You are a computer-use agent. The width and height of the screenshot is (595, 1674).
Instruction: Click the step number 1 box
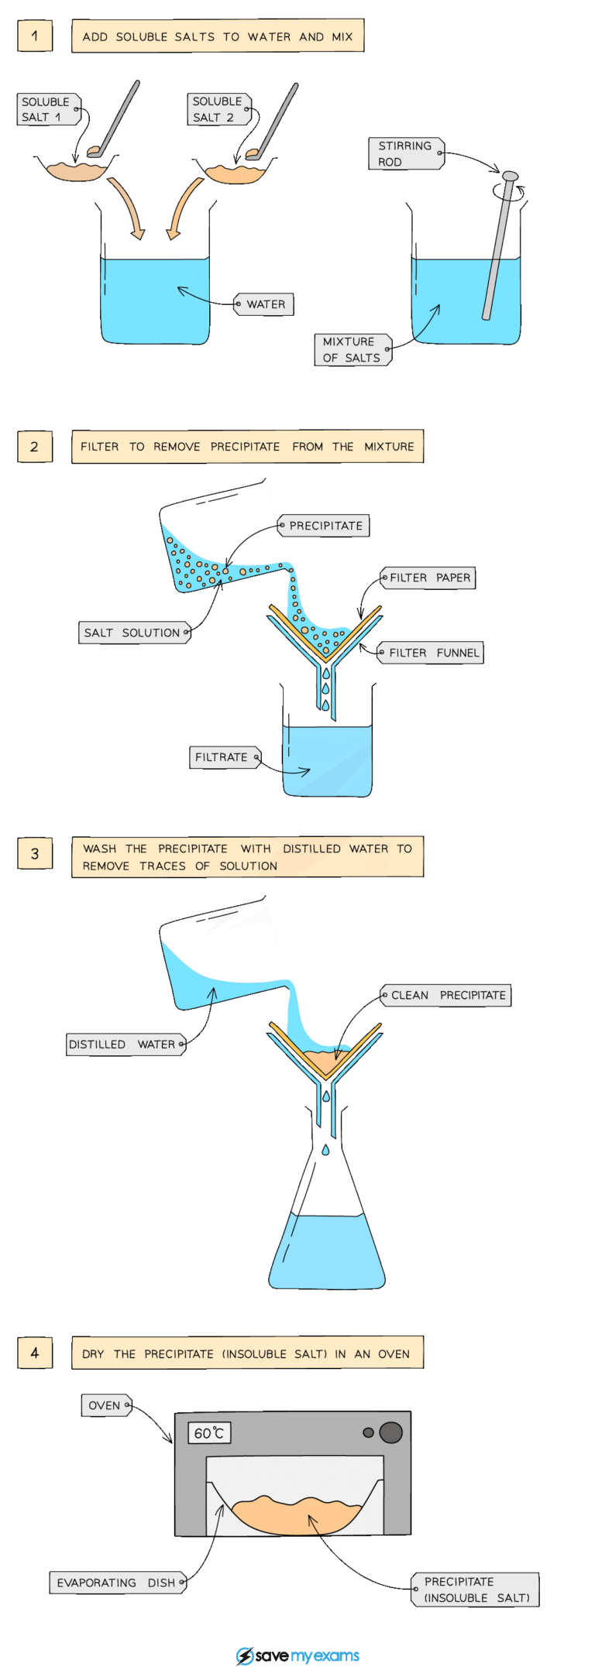pos(35,36)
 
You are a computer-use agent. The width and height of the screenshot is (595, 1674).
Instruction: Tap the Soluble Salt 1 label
pos(46,109)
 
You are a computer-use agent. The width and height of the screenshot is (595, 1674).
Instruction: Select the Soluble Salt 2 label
pos(218,109)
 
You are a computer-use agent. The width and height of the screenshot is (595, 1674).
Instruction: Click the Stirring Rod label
pos(405,153)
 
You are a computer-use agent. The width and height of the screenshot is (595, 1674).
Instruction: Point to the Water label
pos(265,304)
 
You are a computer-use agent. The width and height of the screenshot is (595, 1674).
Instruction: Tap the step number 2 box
pos(35,447)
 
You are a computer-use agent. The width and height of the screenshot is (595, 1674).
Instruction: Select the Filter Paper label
pos(429,578)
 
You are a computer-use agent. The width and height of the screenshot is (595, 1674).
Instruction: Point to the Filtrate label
pos(223,757)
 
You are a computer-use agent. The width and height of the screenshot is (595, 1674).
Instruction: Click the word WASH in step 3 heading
pos(99,849)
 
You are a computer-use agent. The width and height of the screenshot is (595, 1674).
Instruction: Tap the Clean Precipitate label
pos(447,995)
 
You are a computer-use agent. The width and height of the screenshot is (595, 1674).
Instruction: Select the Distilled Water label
pos(124,1045)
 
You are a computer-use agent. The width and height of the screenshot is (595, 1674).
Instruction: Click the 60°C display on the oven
pos(209,1433)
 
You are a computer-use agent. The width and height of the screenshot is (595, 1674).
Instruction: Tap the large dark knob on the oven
pos(390,1432)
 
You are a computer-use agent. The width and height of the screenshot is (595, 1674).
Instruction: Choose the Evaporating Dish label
pos(118,1583)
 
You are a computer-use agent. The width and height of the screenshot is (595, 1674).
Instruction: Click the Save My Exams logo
pos(297,1655)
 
